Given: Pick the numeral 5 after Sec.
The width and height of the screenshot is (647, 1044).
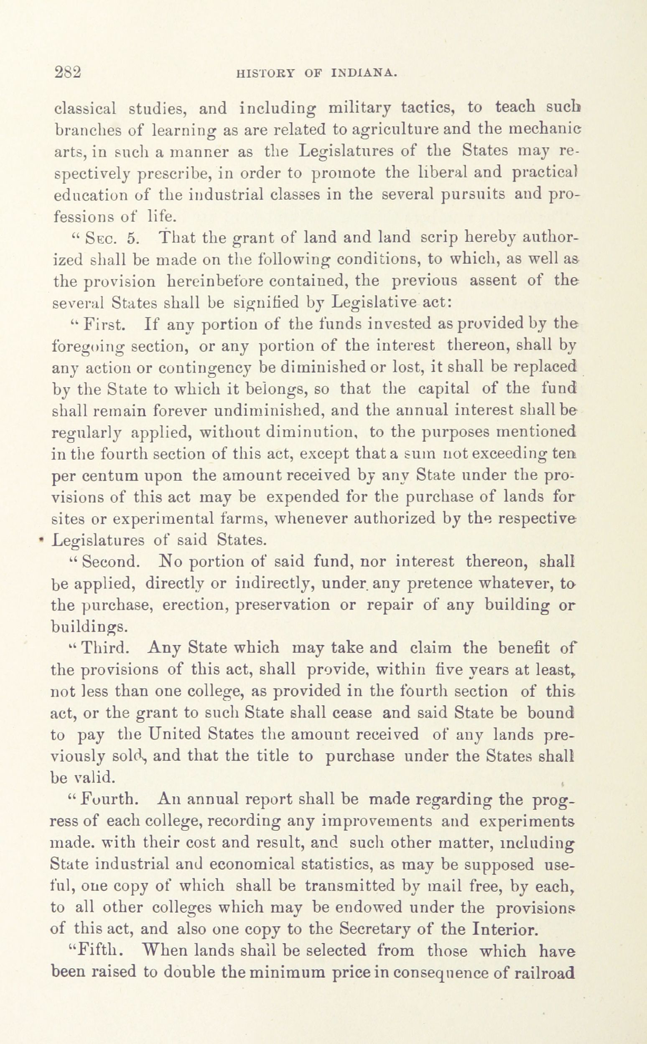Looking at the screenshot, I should coord(133,238).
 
